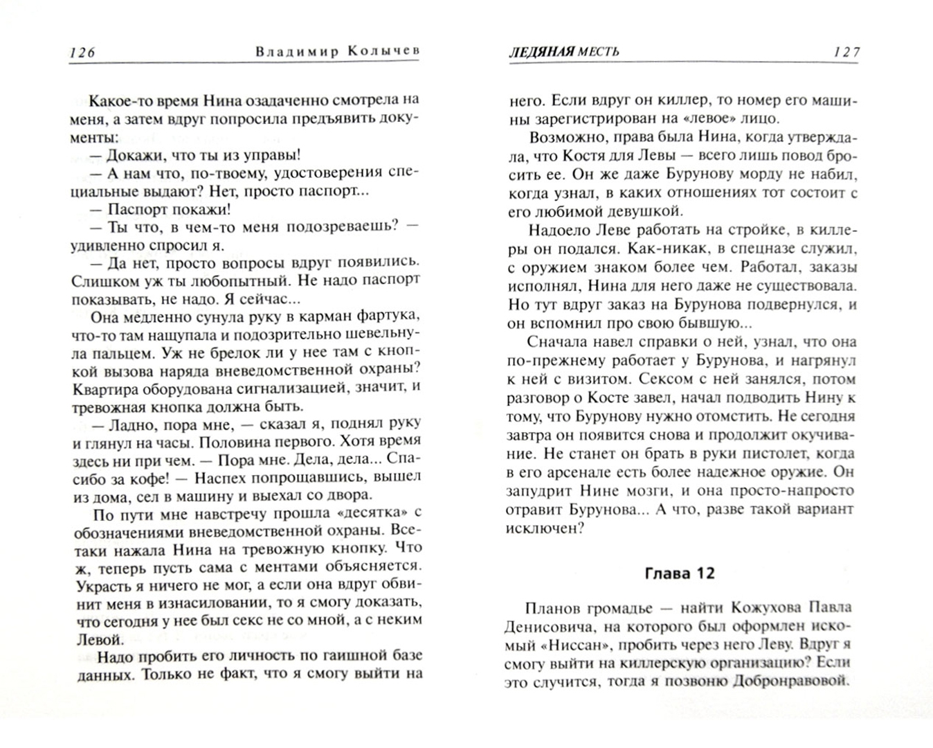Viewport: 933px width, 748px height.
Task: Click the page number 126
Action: coord(82,52)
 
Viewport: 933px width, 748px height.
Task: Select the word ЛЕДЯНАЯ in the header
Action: coord(539,52)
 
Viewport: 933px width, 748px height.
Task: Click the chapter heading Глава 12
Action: coord(679,573)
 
